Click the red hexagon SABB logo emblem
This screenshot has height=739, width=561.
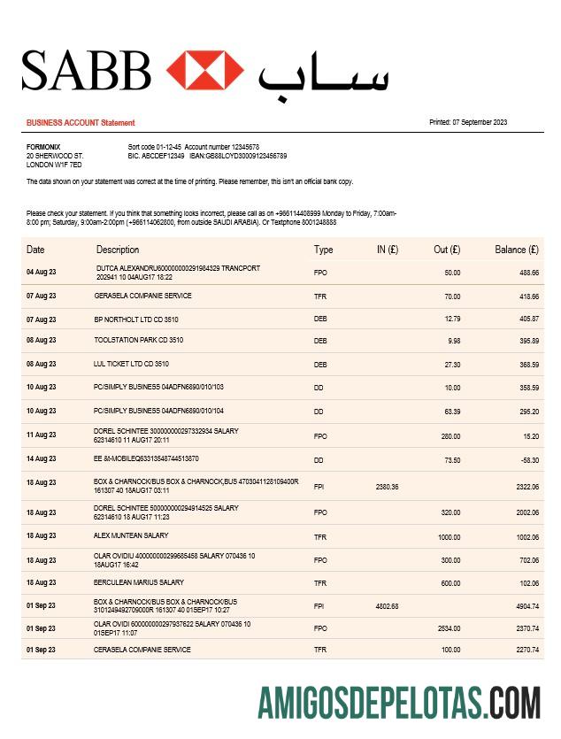pyautogui.click(x=204, y=70)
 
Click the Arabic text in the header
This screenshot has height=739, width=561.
pyautogui.click(x=323, y=73)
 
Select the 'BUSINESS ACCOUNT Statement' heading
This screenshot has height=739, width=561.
pyautogui.click(x=81, y=123)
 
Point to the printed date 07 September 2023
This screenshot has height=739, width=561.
pyautogui.click(x=468, y=122)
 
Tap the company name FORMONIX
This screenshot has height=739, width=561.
pyautogui.click(x=43, y=146)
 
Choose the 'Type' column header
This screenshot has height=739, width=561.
pyautogui.click(x=323, y=250)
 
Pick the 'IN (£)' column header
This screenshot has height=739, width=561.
pyautogui.click(x=387, y=250)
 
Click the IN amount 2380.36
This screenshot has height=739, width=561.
pyautogui.click(x=387, y=487)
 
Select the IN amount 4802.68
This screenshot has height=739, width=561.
pyautogui.click(x=387, y=606)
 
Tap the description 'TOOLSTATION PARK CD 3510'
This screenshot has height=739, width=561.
pyautogui.click(x=139, y=340)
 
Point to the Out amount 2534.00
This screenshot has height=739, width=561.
pyautogui.click(x=449, y=628)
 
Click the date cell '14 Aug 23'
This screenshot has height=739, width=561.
pyautogui.click(x=42, y=459)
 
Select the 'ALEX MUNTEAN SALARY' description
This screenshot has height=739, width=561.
pyautogui.click(x=131, y=535)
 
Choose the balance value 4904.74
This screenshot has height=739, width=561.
pyautogui.click(x=527, y=606)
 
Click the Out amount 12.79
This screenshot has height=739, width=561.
pyautogui.click(x=452, y=319)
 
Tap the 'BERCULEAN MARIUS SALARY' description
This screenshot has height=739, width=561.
pyautogui.click(x=139, y=582)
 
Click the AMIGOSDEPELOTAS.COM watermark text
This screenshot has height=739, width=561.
pyautogui.click(x=399, y=703)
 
